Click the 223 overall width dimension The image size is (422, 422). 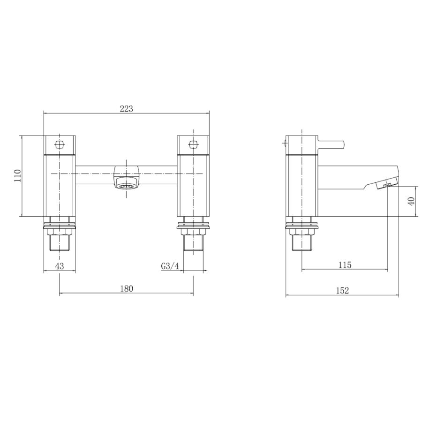tap(126, 108)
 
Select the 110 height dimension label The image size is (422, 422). tap(17, 175)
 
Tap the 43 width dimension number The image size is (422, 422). tap(60, 266)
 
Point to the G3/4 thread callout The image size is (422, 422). tap(170, 266)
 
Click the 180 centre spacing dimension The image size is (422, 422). tap(126, 288)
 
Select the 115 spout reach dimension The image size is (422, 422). tap(344, 265)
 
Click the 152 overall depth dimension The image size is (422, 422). tap(342, 291)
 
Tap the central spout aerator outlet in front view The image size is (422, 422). tap(127, 186)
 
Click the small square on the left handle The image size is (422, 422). tap(60, 144)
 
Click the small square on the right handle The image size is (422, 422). tap(193, 144)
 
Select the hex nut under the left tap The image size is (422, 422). tap(60, 233)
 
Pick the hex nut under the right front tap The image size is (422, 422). tap(193, 233)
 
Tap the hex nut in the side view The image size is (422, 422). tap(301, 233)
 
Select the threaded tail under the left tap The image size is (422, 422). tap(60, 244)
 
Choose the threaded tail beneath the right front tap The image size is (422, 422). tap(193, 244)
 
